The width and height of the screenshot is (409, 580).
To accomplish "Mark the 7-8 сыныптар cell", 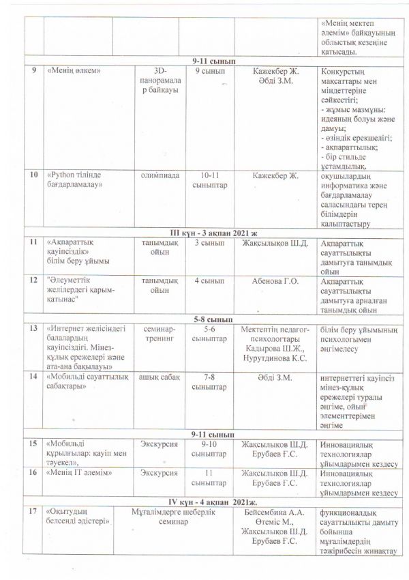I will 205,381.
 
